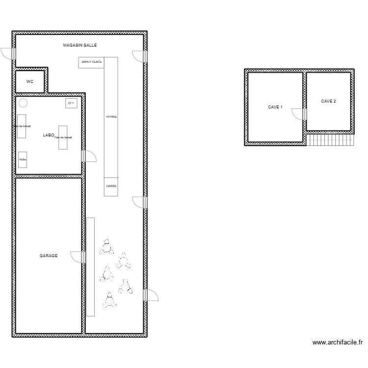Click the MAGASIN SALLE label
pyautogui.click(x=80, y=45)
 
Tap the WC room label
pyautogui.click(x=30, y=81)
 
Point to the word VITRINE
pyautogui.click(x=111, y=117)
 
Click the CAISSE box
pyautogui.click(x=111, y=186)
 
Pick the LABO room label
pyautogui.click(x=48, y=134)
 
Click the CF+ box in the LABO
pyautogui.click(x=71, y=103)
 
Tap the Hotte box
pyautogui.click(x=23, y=159)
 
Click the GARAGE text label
pyautogui.click(x=49, y=256)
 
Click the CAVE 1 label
pyautogui.click(x=275, y=107)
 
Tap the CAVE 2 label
pyautogui.click(x=329, y=102)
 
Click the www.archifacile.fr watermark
pyautogui.click(x=337, y=343)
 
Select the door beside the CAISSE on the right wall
pyautogui.click(x=140, y=202)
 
